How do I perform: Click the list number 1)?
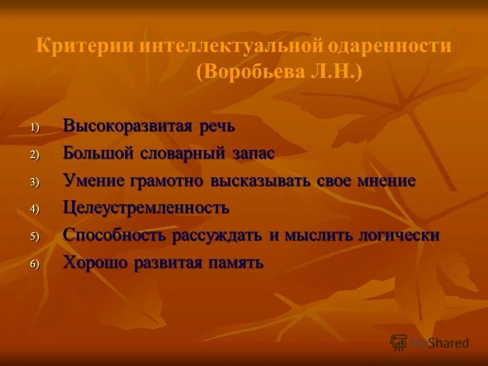point(34,128)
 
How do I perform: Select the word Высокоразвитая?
point(126,126)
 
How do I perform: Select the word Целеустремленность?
point(146,208)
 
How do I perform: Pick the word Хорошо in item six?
point(95,263)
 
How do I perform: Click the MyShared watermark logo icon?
point(399,342)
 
